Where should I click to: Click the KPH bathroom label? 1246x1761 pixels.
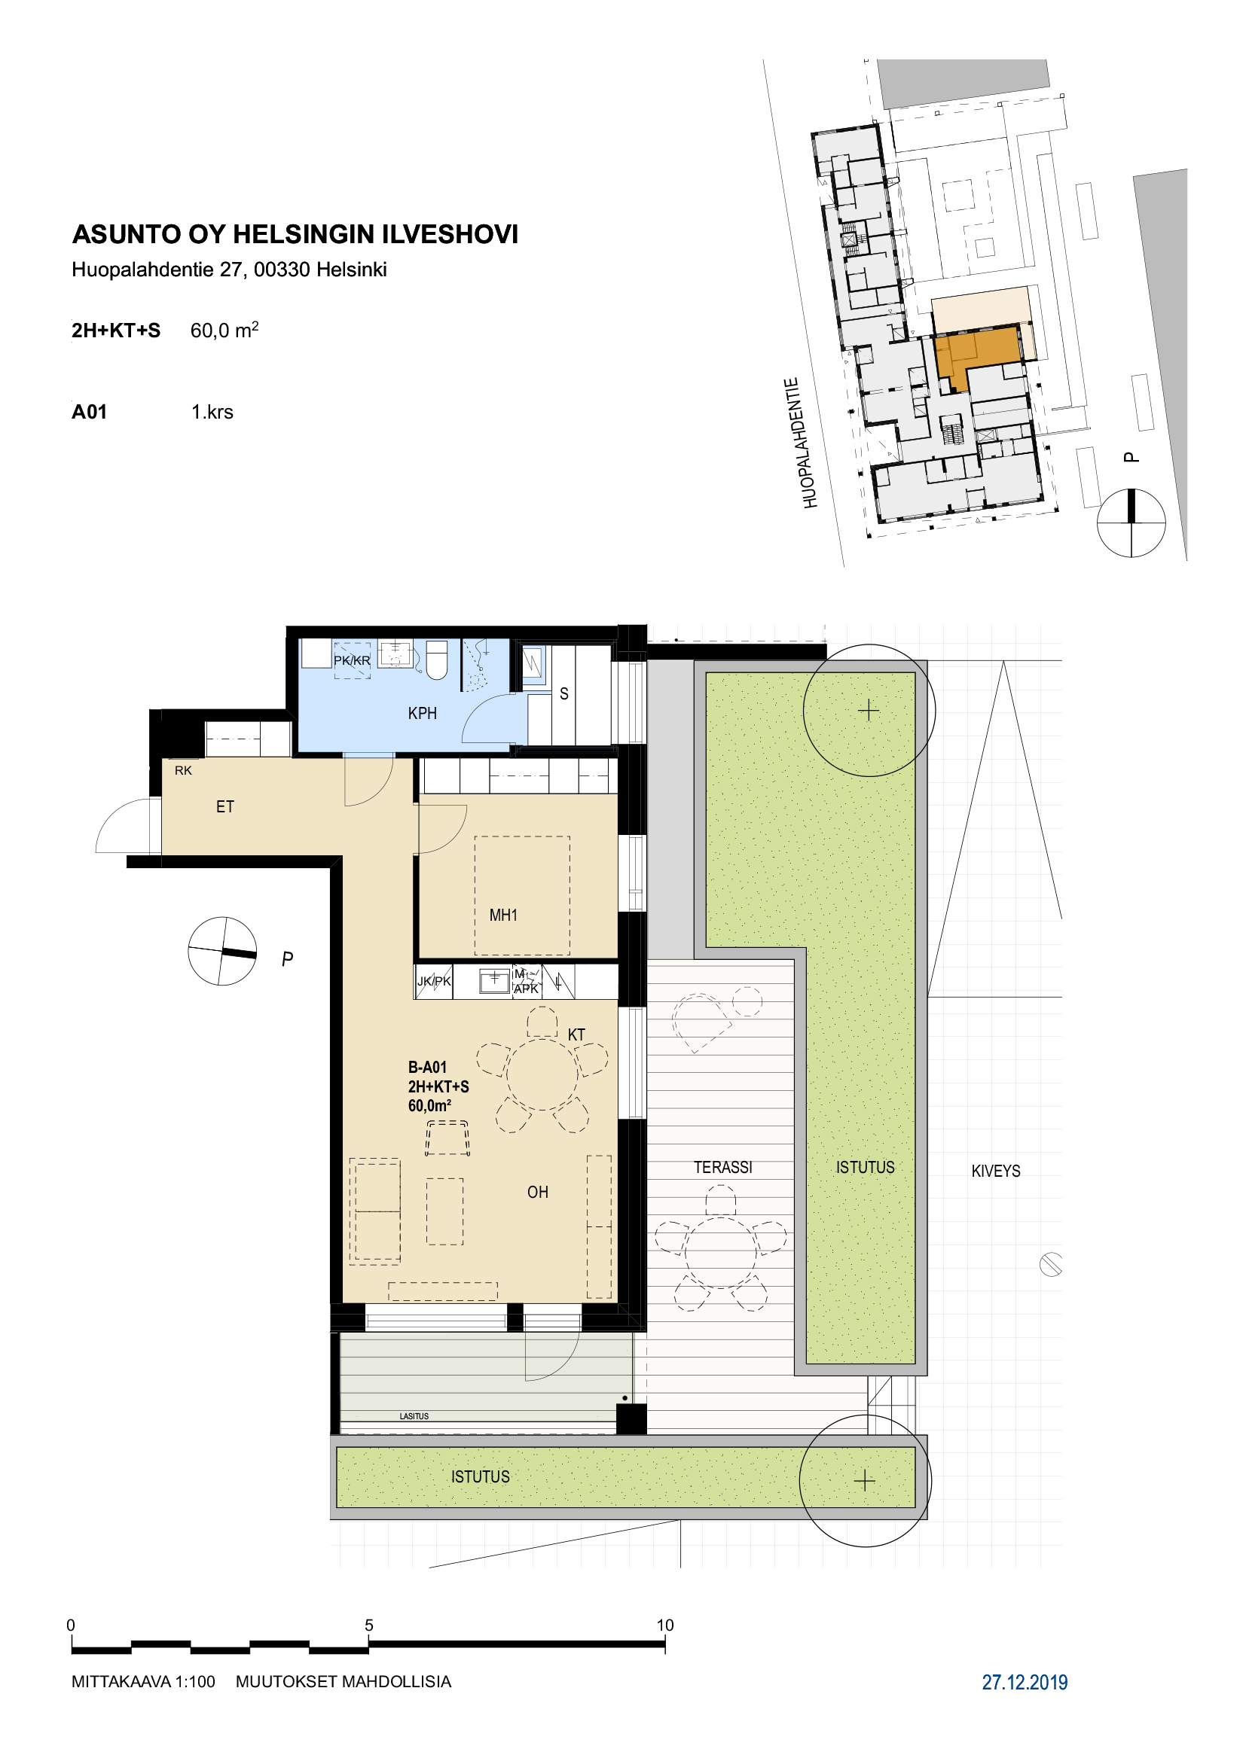point(422,713)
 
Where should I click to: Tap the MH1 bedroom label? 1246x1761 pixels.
point(503,915)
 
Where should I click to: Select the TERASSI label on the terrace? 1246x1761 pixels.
point(722,1168)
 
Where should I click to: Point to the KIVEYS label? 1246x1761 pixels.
point(996,1171)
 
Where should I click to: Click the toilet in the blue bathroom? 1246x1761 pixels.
point(437,660)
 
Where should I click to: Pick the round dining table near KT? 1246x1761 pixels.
point(542,1074)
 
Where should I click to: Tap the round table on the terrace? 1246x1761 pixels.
point(721,1252)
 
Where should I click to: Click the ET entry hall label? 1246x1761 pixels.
point(224,807)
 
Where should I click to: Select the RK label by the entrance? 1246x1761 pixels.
point(183,770)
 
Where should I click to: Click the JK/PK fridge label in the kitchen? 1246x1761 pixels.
point(434,981)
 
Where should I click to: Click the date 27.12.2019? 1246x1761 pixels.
point(1025,1682)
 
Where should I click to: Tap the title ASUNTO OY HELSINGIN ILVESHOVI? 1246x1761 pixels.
point(295,234)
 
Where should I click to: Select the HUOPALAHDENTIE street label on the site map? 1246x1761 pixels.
point(801,443)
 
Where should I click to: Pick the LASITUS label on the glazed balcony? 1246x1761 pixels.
point(414,1416)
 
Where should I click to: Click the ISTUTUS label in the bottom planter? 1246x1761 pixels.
point(481,1476)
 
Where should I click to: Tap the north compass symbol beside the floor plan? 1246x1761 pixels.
point(222,951)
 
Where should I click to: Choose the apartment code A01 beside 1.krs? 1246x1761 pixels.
point(89,412)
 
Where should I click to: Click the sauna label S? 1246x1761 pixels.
point(564,694)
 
